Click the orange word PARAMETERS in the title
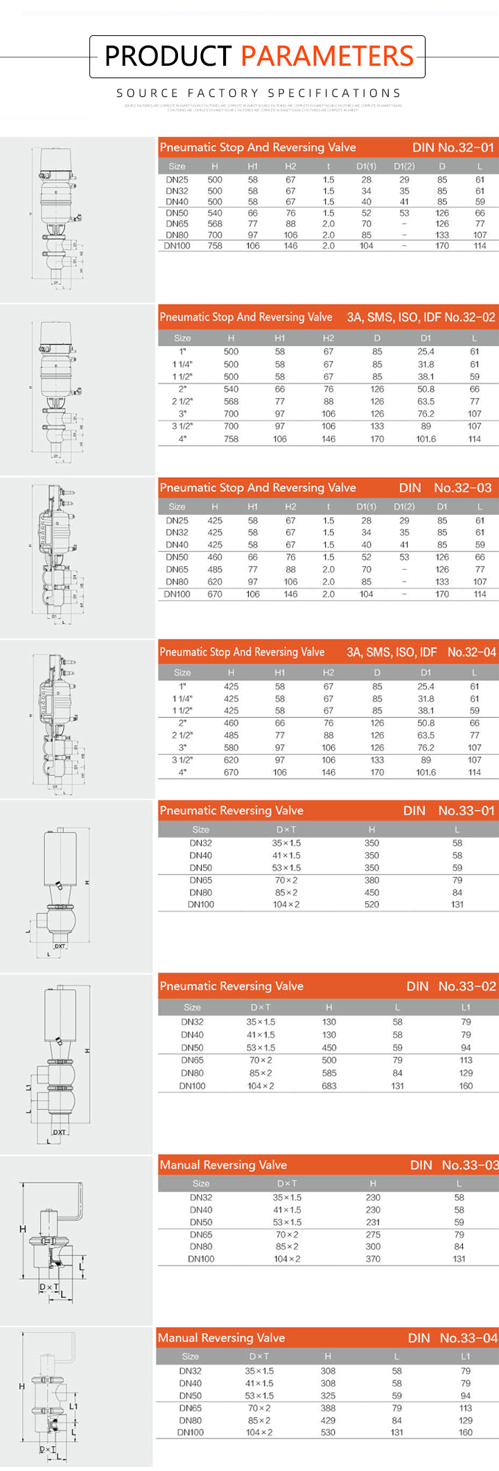point(327,56)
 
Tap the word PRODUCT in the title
point(168,56)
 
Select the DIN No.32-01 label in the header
point(453,147)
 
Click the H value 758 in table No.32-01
point(215,246)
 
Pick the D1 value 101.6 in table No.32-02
point(426,439)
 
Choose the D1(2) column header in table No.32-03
point(404,507)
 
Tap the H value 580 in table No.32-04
point(231,748)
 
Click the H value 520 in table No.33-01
point(371,904)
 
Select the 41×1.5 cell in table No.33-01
point(286,856)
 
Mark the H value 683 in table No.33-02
point(329,1085)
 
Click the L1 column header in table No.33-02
point(466,1007)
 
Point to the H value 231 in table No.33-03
point(373,1222)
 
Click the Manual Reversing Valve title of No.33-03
point(223,1164)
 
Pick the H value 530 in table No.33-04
point(328,1432)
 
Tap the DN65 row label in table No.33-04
point(191,1408)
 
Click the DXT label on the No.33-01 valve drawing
point(60,946)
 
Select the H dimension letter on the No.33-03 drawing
point(22,1229)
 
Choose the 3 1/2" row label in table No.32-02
point(182,426)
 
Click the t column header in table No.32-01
point(329,166)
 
